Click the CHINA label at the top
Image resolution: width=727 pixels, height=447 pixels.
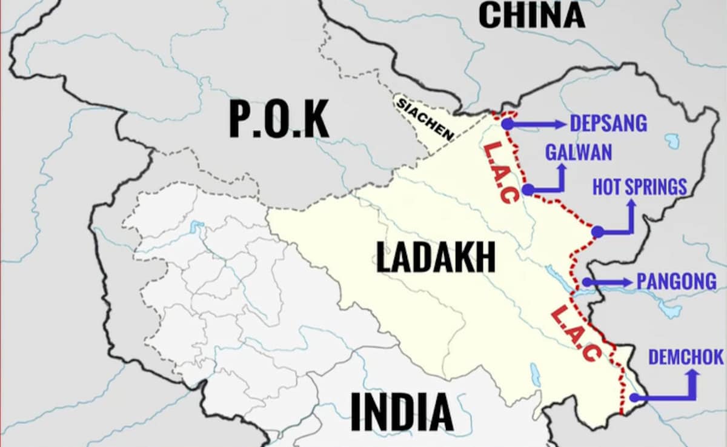pos(531,15)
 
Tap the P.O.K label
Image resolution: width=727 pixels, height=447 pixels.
pos(279,119)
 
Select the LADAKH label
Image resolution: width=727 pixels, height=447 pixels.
pos(436,257)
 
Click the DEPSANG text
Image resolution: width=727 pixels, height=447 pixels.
pos(608,124)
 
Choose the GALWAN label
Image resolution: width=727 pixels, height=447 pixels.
pos(579,152)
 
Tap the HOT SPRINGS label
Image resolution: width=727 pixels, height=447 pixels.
pos(639,187)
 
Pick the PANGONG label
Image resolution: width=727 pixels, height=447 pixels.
pos(676,282)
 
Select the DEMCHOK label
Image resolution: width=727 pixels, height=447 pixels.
pos(686,357)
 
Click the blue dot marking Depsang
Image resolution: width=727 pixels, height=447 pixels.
pos(508,124)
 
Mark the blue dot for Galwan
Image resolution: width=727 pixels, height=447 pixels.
pos(528,190)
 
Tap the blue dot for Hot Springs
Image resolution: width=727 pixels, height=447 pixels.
pos(597,231)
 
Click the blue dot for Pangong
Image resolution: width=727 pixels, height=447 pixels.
pos(586,282)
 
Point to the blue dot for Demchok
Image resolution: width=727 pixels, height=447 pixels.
pos(634,398)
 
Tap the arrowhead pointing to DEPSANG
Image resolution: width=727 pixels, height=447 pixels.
pos(559,124)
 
